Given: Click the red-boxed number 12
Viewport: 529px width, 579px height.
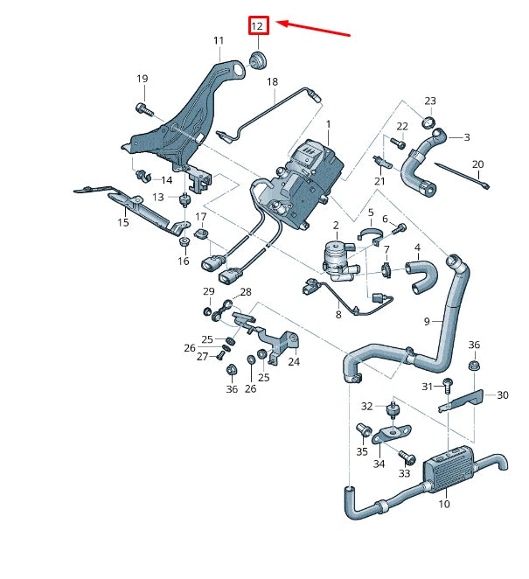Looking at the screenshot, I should (x=257, y=26).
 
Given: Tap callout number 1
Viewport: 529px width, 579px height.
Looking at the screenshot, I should (x=329, y=125).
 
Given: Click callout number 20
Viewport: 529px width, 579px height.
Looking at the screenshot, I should (x=477, y=164).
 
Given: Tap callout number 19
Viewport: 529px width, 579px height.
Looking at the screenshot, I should (x=142, y=80).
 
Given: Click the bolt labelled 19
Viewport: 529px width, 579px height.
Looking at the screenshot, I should (x=144, y=109).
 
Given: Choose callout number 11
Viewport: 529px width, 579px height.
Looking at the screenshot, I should (x=218, y=41).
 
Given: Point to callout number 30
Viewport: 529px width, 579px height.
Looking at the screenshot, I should (x=502, y=395).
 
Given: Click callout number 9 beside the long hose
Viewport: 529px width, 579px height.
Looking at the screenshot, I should (x=428, y=321).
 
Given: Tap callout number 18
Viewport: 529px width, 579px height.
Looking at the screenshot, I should (x=272, y=81).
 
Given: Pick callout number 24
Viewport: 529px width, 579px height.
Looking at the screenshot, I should (x=293, y=361).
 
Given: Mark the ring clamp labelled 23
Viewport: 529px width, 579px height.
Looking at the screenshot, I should (x=430, y=122).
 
